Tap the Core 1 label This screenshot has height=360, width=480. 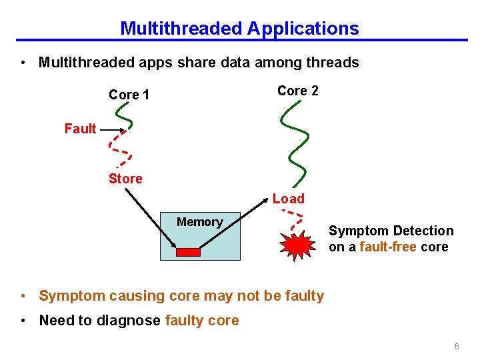click(x=129, y=95)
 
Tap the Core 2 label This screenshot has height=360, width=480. click(x=298, y=91)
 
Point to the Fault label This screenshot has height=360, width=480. click(x=80, y=129)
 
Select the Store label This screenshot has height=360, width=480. click(x=125, y=179)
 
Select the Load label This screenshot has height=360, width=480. click(x=288, y=199)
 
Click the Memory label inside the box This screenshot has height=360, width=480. click(x=199, y=222)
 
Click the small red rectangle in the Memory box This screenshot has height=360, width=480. click(x=187, y=252)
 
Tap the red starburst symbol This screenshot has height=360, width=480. click(x=297, y=245)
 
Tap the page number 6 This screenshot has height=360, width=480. click(x=457, y=347)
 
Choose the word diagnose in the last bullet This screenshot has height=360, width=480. click(x=129, y=320)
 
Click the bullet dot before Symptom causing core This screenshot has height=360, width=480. click(x=23, y=296)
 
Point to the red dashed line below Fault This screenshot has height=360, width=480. click(x=118, y=148)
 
